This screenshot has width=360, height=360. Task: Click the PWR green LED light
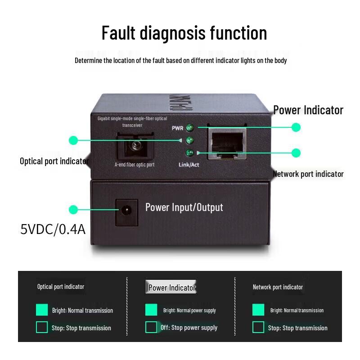[x=189, y=128]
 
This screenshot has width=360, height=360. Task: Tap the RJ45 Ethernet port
[x=227, y=143]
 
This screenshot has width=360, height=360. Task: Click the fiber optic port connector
[x=135, y=146]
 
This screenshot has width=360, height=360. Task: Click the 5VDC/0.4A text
[x=53, y=229]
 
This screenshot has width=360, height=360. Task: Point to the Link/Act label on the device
[x=189, y=165]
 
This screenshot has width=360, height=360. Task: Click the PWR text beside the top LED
[x=178, y=128]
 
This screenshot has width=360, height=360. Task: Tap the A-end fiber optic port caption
[x=135, y=165]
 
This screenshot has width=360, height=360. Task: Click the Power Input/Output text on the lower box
[x=184, y=207]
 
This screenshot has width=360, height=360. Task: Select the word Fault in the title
[x=118, y=33]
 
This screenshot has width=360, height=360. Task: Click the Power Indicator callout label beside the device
[x=308, y=110]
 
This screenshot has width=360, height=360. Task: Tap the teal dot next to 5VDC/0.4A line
[x=73, y=210]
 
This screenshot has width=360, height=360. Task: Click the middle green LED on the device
[x=189, y=140]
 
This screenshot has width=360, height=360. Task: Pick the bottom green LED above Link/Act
[x=189, y=153]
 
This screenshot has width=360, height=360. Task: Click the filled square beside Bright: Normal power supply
[x=151, y=310]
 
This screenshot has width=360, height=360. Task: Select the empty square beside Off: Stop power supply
[x=151, y=327]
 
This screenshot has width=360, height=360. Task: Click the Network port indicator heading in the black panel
[x=278, y=287]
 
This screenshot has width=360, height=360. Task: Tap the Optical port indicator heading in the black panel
[x=61, y=287]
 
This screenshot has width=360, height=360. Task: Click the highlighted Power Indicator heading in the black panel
[x=172, y=288]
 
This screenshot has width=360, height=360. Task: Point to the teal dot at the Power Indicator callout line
[x=296, y=127]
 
